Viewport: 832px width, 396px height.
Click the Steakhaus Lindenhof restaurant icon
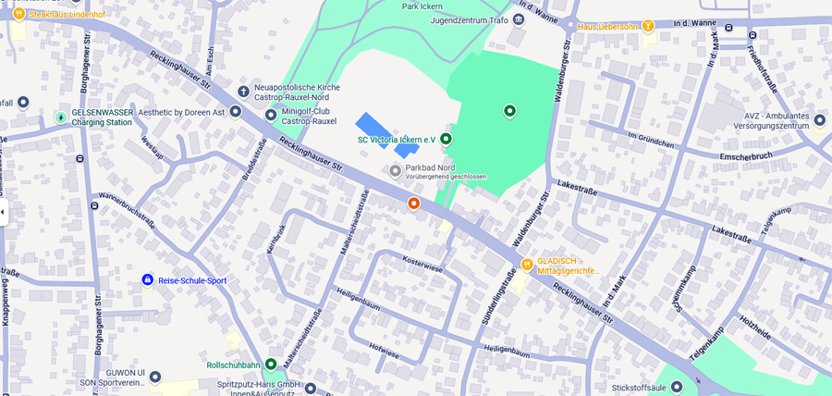pyautogui.click(x=18, y=13)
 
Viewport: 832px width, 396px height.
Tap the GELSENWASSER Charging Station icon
pyautogui.click(x=61, y=118)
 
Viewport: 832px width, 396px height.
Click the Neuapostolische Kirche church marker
pyautogui.click(x=243, y=92)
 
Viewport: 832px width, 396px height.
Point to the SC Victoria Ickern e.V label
pyautogui.click(x=396, y=140)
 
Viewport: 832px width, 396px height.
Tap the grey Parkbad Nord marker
pyautogui.click(x=396, y=170)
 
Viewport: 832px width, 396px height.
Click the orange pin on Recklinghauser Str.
pyautogui.click(x=414, y=203)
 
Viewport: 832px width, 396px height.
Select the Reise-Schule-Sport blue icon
pyautogui.click(x=147, y=279)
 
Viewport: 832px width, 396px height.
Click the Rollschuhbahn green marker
pyautogui.click(x=271, y=365)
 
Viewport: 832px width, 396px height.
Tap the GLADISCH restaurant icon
pyautogui.click(x=527, y=264)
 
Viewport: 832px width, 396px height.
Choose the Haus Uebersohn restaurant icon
pyautogui.click(x=648, y=26)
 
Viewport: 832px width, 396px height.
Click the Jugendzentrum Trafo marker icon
pyautogui.click(x=519, y=19)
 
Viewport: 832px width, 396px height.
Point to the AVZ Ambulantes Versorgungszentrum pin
pyautogui.click(x=819, y=119)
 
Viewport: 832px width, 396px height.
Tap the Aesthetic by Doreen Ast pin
pyautogui.click(x=236, y=112)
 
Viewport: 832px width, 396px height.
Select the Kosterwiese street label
pyautogui.click(x=422, y=264)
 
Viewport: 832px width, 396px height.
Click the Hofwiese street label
pyautogui.click(x=384, y=353)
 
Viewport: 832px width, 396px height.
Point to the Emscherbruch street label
pyautogui.click(x=752, y=155)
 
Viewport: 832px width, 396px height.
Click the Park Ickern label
pyautogui.click(x=423, y=6)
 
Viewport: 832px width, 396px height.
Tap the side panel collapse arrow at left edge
pyautogui.click(x=3, y=212)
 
